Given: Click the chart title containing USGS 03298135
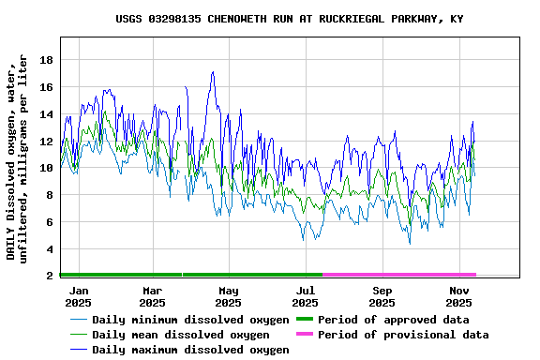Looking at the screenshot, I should click(289, 19).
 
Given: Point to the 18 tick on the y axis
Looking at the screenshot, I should click(45, 60).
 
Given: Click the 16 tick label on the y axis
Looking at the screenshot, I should click(45, 87).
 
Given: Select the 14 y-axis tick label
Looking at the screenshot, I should click(45, 114).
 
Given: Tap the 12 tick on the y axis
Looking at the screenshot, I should click(45, 142).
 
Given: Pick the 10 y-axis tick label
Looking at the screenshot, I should click(45, 168).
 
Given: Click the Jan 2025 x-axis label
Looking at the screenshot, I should click(79, 296).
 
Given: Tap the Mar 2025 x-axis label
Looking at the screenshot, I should click(152, 296).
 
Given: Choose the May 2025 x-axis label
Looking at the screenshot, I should click(228, 296).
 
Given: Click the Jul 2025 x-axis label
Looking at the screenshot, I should click(305, 296).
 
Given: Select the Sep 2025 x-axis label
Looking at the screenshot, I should click(382, 296).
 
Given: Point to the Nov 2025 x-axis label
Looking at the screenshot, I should click(458, 296).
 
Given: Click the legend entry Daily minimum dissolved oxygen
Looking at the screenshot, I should click(189, 320).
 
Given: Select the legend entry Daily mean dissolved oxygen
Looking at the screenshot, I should click(181, 335).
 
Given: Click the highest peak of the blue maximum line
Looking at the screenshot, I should click(213, 72).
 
